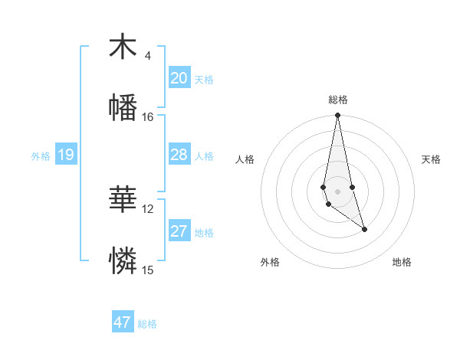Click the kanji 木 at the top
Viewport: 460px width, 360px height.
click(x=123, y=47)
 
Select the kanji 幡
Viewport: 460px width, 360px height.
click(x=123, y=107)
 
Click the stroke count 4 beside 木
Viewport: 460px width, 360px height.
click(x=148, y=56)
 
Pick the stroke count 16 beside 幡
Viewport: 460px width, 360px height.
click(x=148, y=116)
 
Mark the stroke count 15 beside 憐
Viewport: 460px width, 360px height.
click(x=148, y=270)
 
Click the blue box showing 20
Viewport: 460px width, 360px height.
click(x=179, y=78)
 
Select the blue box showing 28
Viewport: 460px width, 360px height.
click(x=179, y=155)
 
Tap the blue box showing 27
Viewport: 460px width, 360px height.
click(x=179, y=231)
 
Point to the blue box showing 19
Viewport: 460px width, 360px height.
click(x=65, y=155)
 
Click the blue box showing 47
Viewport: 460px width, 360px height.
click(x=123, y=322)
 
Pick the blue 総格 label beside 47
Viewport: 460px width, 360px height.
click(x=147, y=324)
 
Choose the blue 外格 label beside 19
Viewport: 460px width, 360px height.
click(x=41, y=156)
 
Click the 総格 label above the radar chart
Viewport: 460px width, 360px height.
click(x=338, y=100)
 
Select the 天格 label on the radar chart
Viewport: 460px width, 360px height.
click(x=432, y=159)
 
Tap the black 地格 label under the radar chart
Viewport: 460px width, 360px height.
click(x=402, y=263)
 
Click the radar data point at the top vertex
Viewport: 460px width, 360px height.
click(x=337, y=116)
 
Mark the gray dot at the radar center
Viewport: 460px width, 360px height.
click(x=337, y=190)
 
